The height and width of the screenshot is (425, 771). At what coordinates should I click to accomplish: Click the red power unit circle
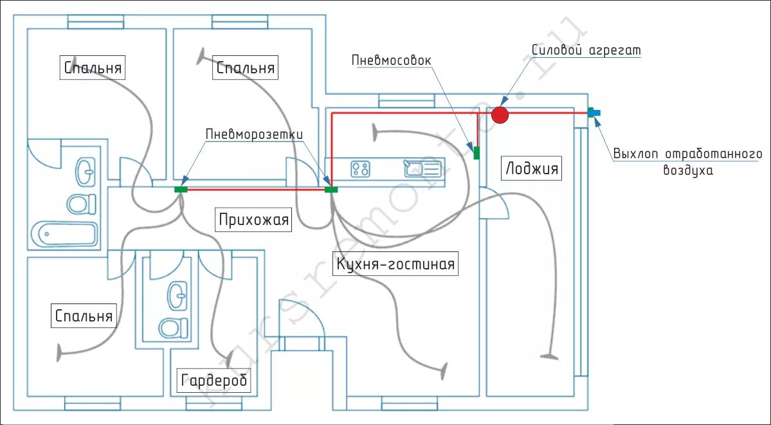click(x=500, y=115)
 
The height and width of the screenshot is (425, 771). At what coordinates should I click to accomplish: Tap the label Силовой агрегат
click(x=586, y=50)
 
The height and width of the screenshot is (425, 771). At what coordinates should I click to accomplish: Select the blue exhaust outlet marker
click(x=594, y=113)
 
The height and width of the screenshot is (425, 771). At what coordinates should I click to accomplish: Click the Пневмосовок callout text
click(x=391, y=60)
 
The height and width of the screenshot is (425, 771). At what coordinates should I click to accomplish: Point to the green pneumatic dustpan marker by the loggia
click(x=476, y=153)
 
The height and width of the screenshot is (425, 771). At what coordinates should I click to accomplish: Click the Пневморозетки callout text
click(x=253, y=134)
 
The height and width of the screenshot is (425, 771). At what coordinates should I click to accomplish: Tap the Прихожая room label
click(x=254, y=220)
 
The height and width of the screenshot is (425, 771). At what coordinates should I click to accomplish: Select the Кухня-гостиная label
click(x=395, y=264)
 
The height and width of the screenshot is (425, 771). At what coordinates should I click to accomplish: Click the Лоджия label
click(x=532, y=169)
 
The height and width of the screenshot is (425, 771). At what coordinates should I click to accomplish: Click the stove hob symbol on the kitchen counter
click(x=361, y=169)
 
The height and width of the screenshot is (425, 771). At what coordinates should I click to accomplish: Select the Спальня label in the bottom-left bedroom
click(x=84, y=316)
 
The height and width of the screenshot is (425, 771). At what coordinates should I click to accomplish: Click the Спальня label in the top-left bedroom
click(x=93, y=67)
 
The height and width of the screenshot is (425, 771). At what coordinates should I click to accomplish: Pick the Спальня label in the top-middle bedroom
click(x=246, y=68)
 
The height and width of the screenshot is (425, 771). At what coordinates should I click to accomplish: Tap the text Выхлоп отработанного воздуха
click(x=687, y=162)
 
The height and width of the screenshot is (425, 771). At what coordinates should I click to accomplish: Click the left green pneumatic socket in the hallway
click(x=181, y=190)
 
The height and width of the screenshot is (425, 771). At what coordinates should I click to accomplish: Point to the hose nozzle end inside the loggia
click(x=549, y=355)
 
